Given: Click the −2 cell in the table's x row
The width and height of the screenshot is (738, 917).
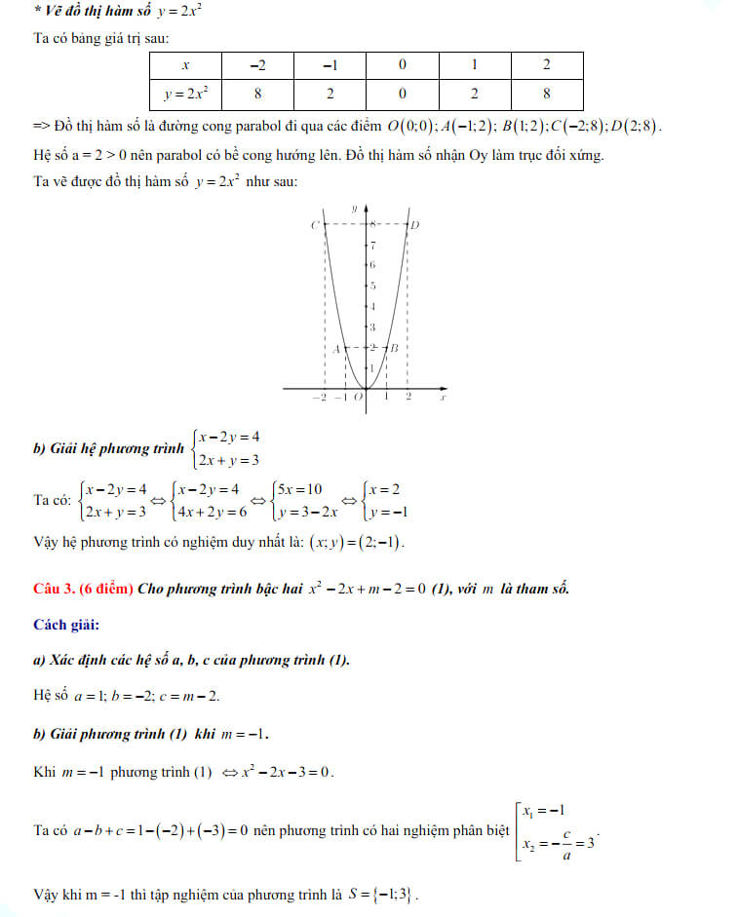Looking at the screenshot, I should tap(257, 66).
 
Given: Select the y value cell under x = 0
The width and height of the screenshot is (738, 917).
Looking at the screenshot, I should tap(402, 95).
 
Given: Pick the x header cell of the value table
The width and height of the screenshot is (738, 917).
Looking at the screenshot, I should tap(185, 66).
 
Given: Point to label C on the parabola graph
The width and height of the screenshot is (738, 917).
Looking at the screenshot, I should tap(315, 225).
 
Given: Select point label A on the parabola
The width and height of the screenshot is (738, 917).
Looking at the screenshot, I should tap(334, 348).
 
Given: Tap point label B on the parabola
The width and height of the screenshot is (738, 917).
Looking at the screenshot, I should tap(395, 348).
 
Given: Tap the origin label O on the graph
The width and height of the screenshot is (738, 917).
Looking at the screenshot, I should tap(358, 397).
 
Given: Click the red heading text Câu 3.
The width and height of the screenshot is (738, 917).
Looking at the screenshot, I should tap(55, 588).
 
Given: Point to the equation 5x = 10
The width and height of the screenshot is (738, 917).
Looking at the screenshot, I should tap(303, 488).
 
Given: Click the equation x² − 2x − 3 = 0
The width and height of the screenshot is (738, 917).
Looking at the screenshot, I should tap(279, 772).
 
